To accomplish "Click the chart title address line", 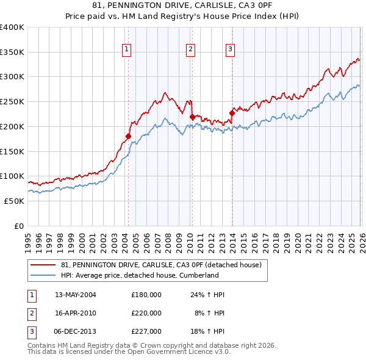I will (x=182, y=5).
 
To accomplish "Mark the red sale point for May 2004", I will (x=128, y=136).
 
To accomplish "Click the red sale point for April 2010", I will (x=192, y=117).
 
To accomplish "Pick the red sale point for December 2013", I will (x=232, y=113).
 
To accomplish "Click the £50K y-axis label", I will (x=14, y=201).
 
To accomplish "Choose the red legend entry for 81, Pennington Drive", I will (x=162, y=265).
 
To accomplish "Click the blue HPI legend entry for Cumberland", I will (x=140, y=275).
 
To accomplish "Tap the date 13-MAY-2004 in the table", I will (x=76, y=295).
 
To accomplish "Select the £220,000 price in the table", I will (x=146, y=313).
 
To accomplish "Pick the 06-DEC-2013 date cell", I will (x=76, y=331).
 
